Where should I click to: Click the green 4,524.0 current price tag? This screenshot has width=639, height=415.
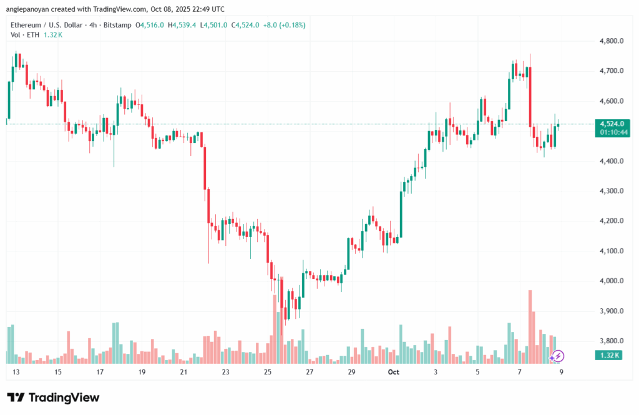click(612, 124)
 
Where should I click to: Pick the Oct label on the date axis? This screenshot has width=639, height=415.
click(393, 372)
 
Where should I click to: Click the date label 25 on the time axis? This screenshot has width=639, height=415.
click(268, 372)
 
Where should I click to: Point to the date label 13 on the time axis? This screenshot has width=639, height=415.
click(16, 372)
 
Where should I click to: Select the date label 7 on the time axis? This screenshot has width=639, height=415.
click(520, 372)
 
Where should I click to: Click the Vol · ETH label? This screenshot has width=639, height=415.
click(25, 35)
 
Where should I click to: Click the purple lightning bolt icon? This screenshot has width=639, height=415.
click(558, 356)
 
